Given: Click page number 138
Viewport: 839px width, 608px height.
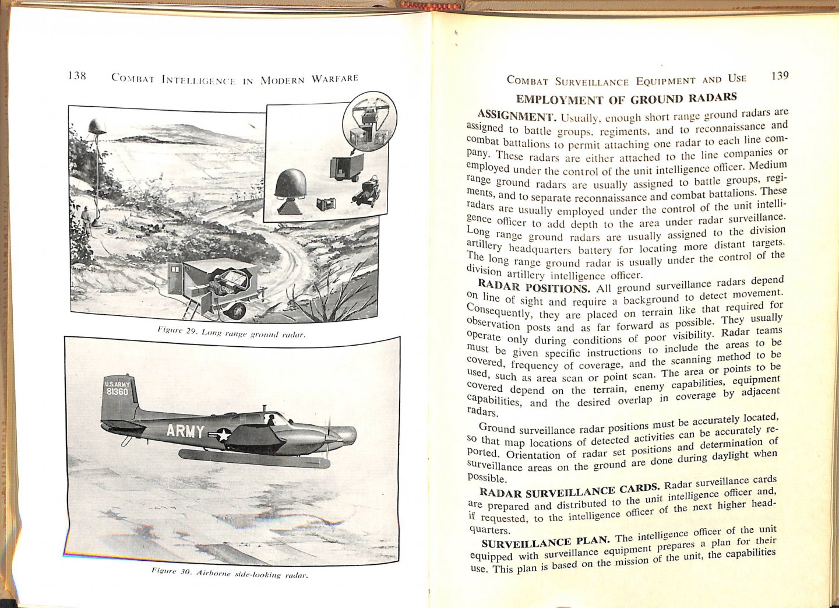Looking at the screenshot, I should (x=77, y=76).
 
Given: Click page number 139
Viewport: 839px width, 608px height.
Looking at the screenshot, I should (x=779, y=76).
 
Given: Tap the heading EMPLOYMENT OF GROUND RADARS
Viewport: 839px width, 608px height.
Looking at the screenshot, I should (x=626, y=98).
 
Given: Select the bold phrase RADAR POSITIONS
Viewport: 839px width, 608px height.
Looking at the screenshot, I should (x=533, y=287).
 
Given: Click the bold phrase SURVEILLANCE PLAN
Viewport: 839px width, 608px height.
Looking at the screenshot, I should (x=545, y=542).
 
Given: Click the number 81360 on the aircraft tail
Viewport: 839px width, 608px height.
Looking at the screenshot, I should (x=117, y=392).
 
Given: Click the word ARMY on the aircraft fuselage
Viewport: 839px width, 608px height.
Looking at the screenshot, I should (x=185, y=431).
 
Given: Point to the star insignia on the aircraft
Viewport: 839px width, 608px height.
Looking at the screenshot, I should (x=223, y=435).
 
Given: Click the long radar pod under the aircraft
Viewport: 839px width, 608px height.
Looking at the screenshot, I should (x=254, y=459).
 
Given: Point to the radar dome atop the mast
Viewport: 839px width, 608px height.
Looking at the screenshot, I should (x=97, y=126).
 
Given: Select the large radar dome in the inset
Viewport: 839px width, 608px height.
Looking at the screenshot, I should (x=290, y=185).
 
